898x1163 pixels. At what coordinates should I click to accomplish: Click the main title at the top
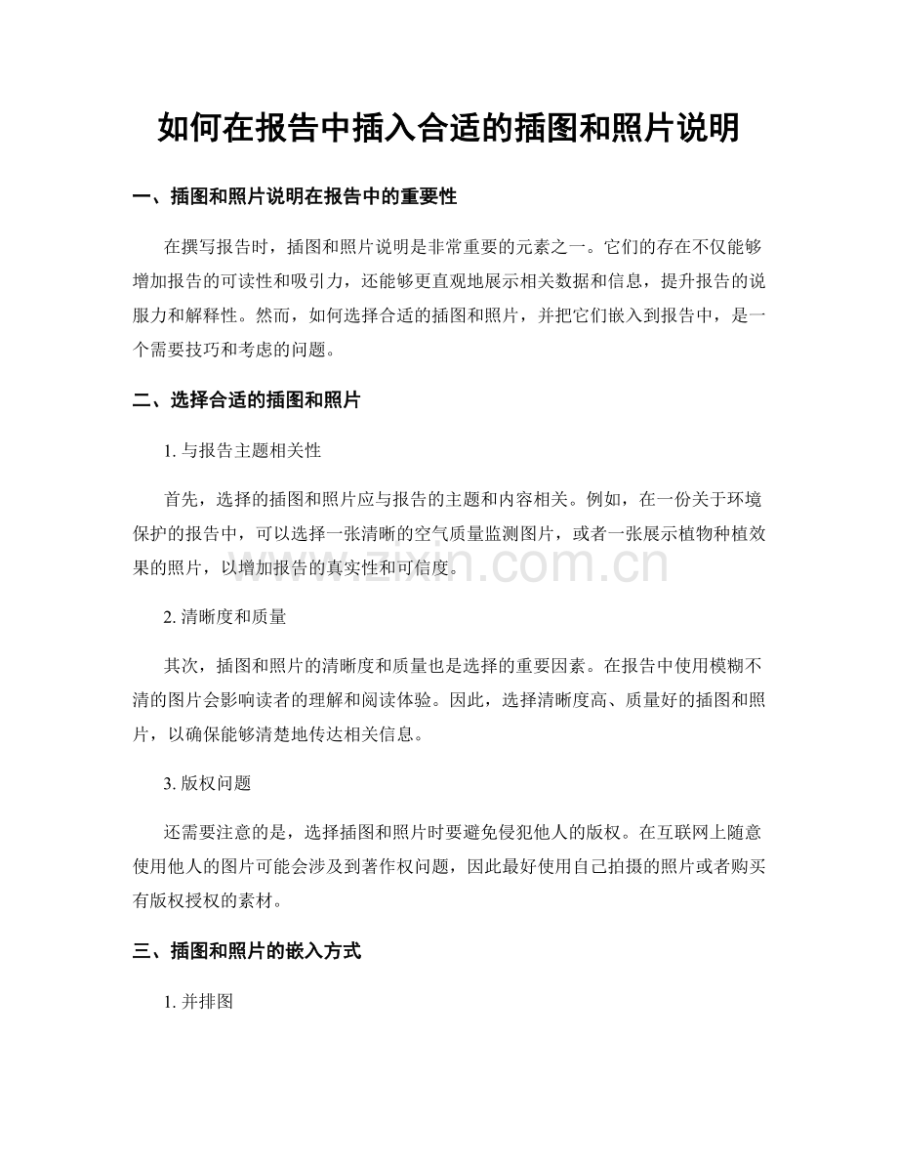[448, 128]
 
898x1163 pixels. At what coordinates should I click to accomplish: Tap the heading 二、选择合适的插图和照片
[246, 400]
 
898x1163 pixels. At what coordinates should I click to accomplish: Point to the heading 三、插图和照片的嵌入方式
[246, 951]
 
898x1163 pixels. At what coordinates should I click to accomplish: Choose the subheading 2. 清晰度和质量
[225, 617]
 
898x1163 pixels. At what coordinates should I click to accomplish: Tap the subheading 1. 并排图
[198, 1001]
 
